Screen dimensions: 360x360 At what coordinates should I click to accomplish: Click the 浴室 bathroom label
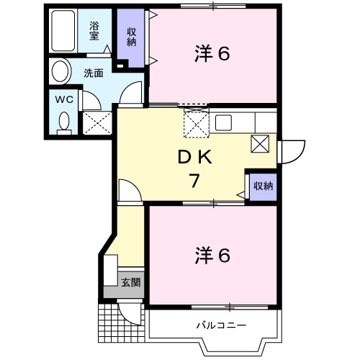pos(94,30)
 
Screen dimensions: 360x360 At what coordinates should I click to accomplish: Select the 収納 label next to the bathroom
pos(132,35)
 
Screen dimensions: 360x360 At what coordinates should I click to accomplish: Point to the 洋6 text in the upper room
pos(213,53)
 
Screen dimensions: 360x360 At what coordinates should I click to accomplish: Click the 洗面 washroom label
pos(93,73)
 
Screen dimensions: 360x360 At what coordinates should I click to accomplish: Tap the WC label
pos(63,99)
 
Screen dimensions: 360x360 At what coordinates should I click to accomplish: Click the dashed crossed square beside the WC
pos(96,122)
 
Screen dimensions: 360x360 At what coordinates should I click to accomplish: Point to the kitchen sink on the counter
pos(222,121)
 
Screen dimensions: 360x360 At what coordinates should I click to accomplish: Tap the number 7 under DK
pos(194,181)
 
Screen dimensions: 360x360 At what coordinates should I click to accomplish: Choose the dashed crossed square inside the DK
pos(196,123)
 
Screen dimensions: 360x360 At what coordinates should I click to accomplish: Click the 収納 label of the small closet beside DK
pos(263,186)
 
